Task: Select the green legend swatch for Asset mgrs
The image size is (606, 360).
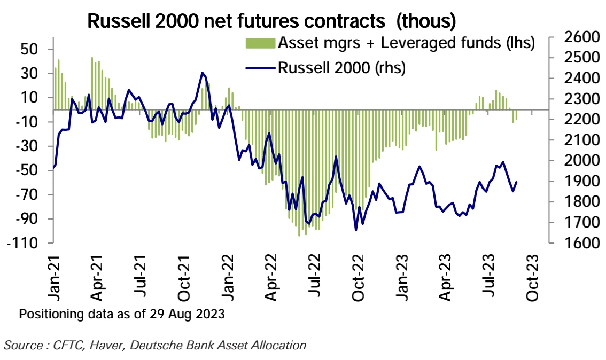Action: [261, 43]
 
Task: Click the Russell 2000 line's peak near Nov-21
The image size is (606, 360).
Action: [202, 73]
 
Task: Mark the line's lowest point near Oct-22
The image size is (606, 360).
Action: [356, 231]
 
